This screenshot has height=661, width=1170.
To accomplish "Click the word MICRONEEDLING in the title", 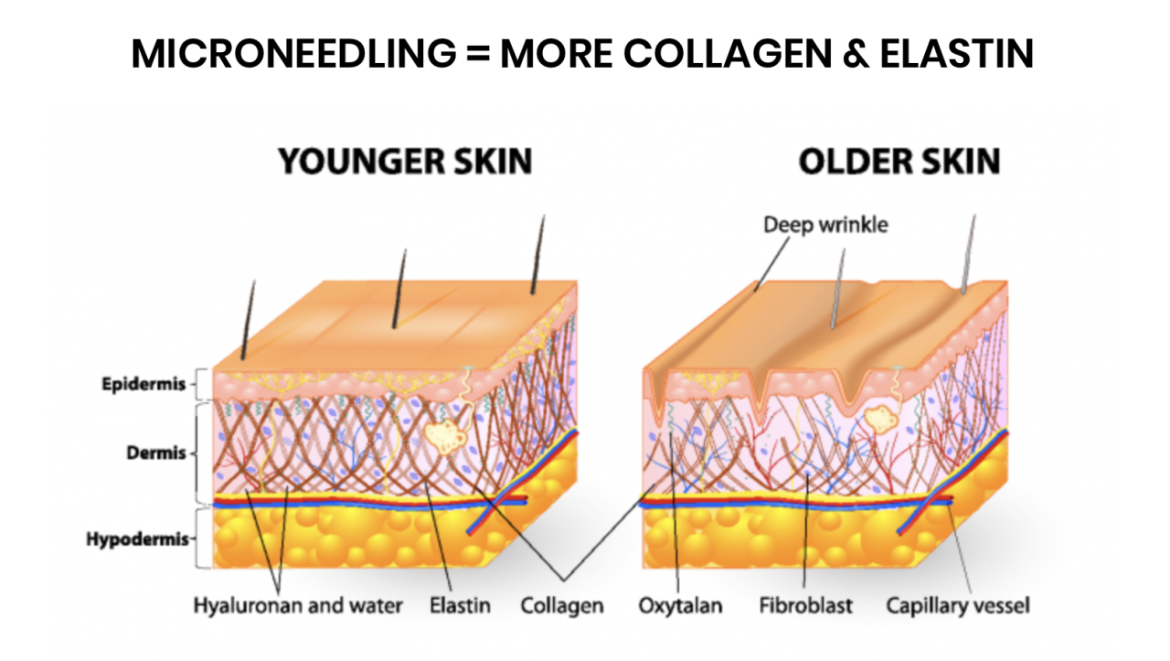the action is (x=293, y=53).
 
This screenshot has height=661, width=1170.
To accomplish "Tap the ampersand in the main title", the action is (x=856, y=53).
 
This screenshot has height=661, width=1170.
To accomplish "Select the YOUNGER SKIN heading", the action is (x=405, y=161).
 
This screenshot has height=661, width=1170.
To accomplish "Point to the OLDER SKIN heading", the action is (x=899, y=161).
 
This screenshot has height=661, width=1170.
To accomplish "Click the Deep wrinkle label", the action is (x=825, y=225).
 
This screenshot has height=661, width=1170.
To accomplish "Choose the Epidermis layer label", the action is (x=144, y=384).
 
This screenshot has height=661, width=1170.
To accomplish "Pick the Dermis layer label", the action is (x=156, y=453).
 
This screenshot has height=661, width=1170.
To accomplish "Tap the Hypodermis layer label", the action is (x=137, y=538).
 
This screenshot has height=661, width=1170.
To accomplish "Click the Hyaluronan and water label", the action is (x=298, y=605).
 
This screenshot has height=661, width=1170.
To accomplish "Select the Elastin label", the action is (x=460, y=605).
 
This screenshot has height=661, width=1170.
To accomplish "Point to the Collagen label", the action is (x=562, y=606).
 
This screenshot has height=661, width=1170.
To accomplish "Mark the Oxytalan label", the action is (x=681, y=606).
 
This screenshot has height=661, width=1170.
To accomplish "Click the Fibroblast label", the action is (x=806, y=605).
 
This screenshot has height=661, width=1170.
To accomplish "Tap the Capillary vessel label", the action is (x=958, y=606).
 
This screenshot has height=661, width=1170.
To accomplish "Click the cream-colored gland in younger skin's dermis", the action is (x=445, y=436).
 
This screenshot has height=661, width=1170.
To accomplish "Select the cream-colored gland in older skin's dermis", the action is (x=881, y=420).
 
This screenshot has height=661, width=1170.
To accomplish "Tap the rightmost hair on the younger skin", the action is (x=538, y=254).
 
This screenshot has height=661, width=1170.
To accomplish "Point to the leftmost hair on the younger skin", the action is (x=249, y=320).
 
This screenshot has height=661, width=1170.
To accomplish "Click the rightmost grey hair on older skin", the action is (x=968, y=254).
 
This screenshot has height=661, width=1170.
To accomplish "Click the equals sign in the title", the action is (x=478, y=53).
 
